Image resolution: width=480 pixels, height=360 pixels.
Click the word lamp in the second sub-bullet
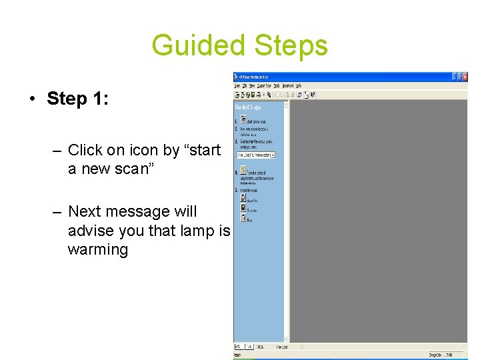point(197,231)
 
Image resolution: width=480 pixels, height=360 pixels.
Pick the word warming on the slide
point(97,250)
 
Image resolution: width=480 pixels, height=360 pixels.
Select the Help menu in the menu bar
point(299,86)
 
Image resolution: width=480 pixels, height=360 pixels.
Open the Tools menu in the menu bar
point(275,86)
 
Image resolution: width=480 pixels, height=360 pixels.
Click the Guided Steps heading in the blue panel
point(248,107)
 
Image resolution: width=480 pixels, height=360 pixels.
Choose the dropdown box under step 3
point(256,155)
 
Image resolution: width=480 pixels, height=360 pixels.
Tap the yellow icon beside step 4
point(243,170)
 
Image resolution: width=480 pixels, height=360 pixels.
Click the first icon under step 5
point(243,197)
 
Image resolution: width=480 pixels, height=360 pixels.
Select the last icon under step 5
point(243,217)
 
